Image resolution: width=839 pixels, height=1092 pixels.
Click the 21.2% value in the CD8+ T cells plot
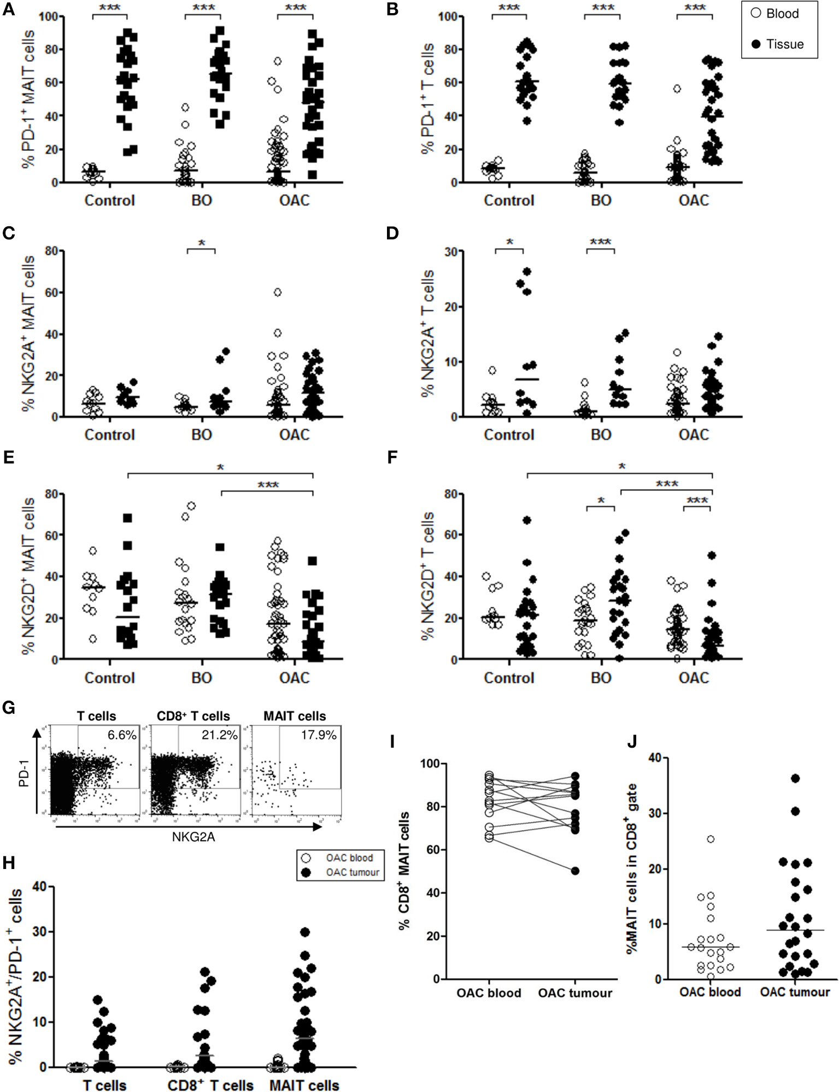pyautogui.click(x=220, y=735)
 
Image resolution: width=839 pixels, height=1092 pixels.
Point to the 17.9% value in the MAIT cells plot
pyautogui.click(x=319, y=735)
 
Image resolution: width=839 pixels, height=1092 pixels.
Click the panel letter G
pyautogui.click(x=8, y=707)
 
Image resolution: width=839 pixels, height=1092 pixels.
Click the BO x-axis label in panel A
pyautogui.click(x=201, y=200)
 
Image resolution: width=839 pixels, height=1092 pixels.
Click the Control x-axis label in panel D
pyautogui.click(x=509, y=435)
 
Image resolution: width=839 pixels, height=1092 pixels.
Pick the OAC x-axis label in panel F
pyautogui.click(x=694, y=678)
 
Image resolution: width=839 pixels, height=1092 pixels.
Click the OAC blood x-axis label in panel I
pyautogui.click(x=489, y=993)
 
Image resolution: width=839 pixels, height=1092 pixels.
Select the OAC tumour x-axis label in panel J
pyautogui.click(x=795, y=992)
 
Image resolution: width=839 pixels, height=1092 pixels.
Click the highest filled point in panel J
pyautogui.click(x=795, y=778)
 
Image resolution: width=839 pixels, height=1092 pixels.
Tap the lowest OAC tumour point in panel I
pyautogui.click(x=575, y=871)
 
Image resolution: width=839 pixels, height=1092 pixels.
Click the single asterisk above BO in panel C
pyautogui.click(x=202, y=243)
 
